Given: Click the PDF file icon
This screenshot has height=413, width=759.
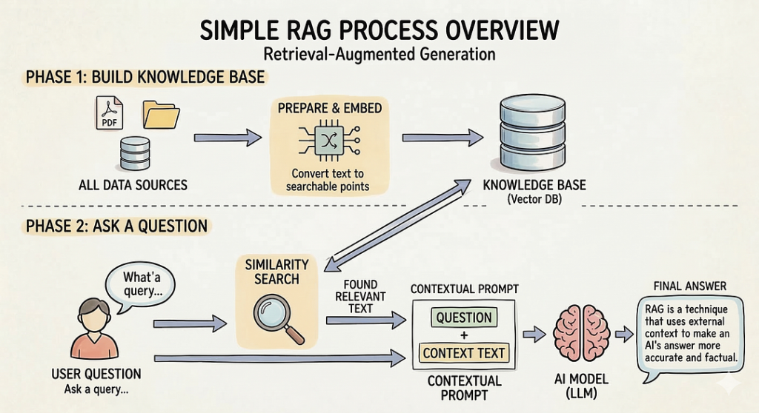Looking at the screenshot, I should coord(110,113).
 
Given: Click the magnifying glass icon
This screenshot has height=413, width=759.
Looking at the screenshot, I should coord(276,317).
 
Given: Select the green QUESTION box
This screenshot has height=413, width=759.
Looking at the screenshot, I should coord(464,318).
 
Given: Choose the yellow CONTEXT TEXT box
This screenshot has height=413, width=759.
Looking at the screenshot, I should coord(464,354).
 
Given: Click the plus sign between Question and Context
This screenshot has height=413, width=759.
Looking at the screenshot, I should coord(464,336).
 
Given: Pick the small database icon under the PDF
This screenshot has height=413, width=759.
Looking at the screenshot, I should coord(134,153).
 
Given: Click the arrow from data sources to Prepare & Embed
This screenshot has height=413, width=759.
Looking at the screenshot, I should coord(227,138).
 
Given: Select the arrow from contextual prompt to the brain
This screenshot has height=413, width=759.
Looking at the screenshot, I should coord(534,335).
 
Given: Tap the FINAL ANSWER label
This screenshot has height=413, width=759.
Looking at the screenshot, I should coord(689,286).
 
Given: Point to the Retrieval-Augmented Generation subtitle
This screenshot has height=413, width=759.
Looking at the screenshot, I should coord(379,54).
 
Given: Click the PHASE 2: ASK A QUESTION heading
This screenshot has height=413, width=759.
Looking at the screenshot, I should coord(116,226).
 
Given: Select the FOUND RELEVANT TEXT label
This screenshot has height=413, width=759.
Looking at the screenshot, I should coord(360,296).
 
